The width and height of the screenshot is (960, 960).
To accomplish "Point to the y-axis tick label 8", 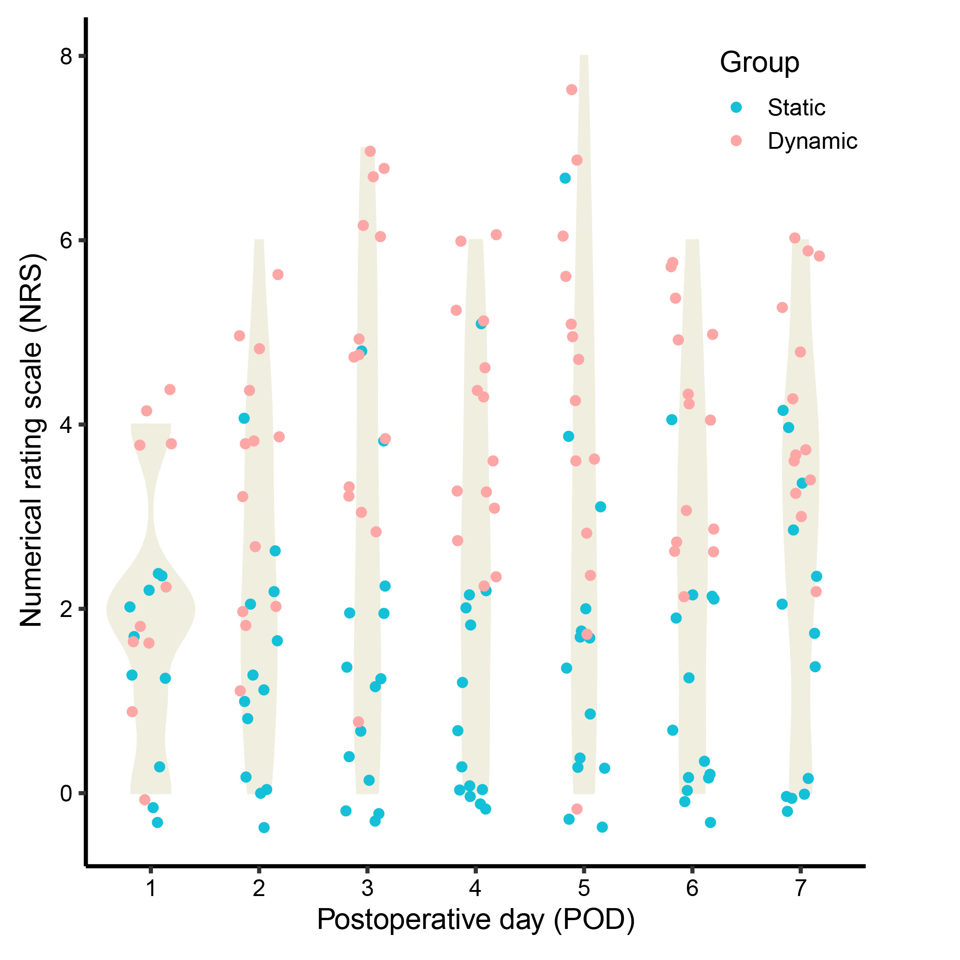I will coord(66,57).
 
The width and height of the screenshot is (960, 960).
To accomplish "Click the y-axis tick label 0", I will coord(66,794).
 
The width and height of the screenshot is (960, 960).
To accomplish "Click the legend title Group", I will coord(759,63).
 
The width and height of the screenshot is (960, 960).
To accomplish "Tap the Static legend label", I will coord(796,108).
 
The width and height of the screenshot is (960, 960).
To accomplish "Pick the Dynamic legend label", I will coord(813,141).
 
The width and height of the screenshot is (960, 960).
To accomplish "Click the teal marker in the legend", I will coord(737,108).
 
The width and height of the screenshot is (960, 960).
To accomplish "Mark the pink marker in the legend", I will coord(737,141).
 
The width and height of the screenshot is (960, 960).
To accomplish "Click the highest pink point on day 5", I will coord(572,89).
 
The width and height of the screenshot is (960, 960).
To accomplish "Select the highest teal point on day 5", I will coord(565,178).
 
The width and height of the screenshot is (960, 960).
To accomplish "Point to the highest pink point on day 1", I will coord(170,389).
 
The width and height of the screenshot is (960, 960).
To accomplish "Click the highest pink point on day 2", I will coord(278,274).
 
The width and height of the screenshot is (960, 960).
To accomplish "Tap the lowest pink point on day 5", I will coord(577,809).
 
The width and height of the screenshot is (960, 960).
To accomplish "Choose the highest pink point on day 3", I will coord(370,151).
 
